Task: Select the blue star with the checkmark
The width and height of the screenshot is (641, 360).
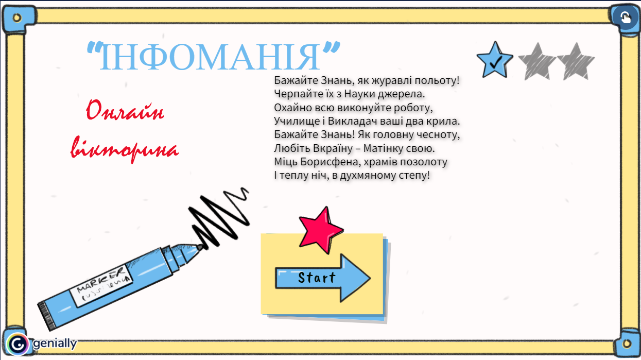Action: point(495,61)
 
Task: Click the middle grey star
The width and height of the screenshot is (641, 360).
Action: point(537,62)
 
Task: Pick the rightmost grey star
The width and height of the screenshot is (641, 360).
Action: point(576,62)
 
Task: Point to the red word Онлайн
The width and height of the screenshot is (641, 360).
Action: point(125,110)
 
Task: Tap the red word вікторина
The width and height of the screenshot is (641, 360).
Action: point(125,149)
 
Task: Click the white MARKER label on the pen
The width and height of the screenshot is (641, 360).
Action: point(101,286)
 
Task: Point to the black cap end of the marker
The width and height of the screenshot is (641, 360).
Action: point(46,317)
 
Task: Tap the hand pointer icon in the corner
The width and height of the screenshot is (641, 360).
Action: point(626,18)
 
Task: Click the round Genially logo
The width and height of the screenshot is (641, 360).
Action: point(18,344)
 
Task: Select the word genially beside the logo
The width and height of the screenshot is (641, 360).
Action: point(55,344)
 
